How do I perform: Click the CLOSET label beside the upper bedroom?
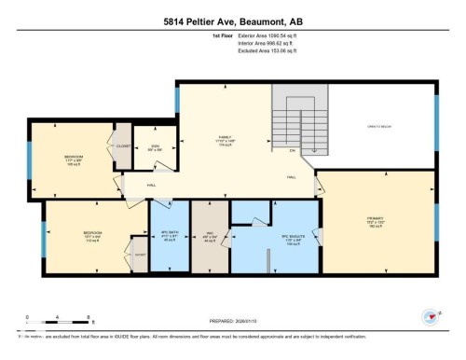tap(122, 146)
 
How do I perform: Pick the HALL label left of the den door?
tap(125, 185)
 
